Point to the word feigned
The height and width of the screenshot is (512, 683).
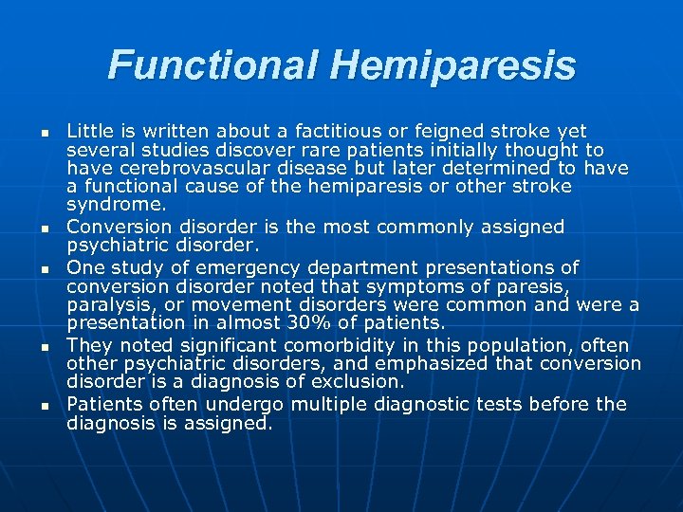tap(430, 131)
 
